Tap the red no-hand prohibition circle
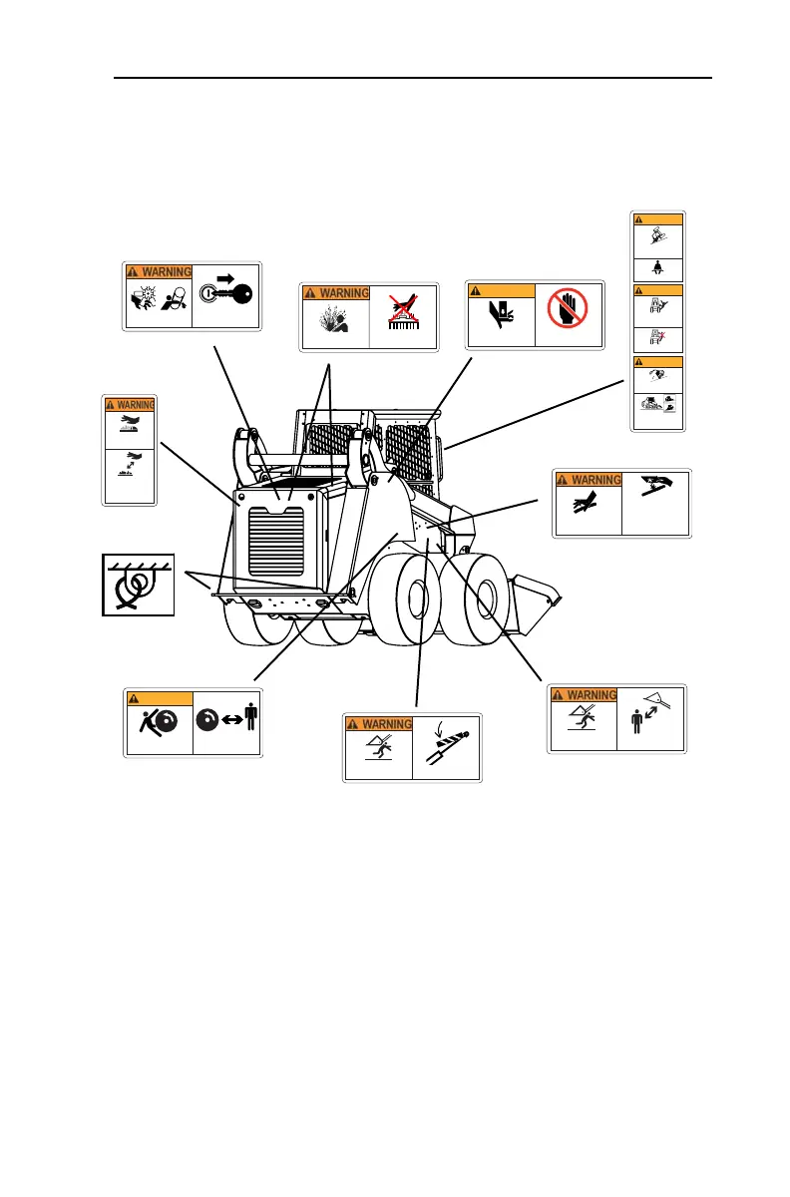pyautogui.click(x=570, y=315)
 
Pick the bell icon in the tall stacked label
pyautogui.click(x=658, y=267)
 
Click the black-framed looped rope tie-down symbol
pyautogui.click(x=138, y=585)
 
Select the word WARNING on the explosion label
pyautogui.click(x=342, y=293)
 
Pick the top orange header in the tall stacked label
pyautogui.click(x=658, y=218)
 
